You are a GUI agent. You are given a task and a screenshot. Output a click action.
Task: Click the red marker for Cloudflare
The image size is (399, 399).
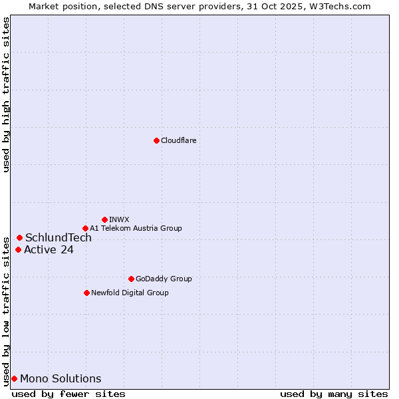click(x=156, y=140)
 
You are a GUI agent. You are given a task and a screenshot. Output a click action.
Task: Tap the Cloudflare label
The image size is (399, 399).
click(x=178, y=140)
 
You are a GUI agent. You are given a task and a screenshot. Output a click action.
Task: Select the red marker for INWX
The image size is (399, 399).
click(x=104, y=219)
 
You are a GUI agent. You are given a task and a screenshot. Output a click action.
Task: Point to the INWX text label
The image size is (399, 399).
click(x=119, y=219)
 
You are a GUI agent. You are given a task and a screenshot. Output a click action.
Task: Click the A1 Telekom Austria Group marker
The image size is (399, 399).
click(x=85, y=228)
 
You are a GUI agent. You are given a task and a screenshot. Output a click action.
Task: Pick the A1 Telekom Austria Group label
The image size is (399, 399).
click(x=136, y=228)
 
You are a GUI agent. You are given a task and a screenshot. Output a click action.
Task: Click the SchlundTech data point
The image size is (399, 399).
click(x=19, y=237)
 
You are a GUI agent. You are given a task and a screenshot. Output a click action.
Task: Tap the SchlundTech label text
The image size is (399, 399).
click(x=59, y=237)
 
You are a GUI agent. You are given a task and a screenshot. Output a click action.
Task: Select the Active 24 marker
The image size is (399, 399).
click(x=18, y=250)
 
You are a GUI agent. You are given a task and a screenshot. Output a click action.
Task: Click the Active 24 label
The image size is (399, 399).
click(x=49, y=250)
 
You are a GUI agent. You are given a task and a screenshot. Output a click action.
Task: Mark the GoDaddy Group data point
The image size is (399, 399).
click(x=131, y=279)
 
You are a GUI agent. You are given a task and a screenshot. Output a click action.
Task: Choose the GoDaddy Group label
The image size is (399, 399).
click(x=164, y=279)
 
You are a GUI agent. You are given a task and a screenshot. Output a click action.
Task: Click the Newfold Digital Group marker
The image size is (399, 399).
click(x=86, y=293)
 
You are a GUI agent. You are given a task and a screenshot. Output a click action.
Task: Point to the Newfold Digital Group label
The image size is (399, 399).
click(x=130, y=293)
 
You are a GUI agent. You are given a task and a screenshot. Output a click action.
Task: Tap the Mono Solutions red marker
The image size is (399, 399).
click(x=14, y=379)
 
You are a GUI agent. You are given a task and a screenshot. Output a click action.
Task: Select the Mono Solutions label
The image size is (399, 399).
click(x=61, y=379)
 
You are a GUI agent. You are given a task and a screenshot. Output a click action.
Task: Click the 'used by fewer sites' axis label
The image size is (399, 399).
click(x=68, y=394)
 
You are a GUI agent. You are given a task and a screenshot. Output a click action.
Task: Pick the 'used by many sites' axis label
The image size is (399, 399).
click(x=334, y=394)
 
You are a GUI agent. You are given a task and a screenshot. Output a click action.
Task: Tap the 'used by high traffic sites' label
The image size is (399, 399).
click(x=6, y=94)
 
